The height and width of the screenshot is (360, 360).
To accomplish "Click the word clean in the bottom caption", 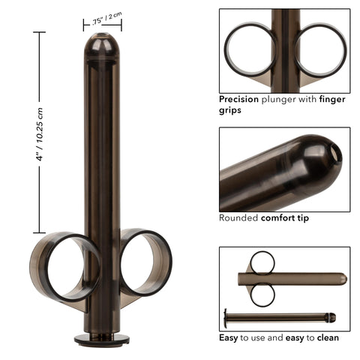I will (x=328, y=337).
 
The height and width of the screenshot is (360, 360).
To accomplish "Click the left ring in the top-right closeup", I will (x=250, y=49).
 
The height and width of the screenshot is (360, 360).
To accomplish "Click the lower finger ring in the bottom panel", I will (x=262, y=294).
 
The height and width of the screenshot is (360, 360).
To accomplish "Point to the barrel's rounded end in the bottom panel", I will (x=343, y=279).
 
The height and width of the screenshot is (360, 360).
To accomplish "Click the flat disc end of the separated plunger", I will (x=224, y=316).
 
